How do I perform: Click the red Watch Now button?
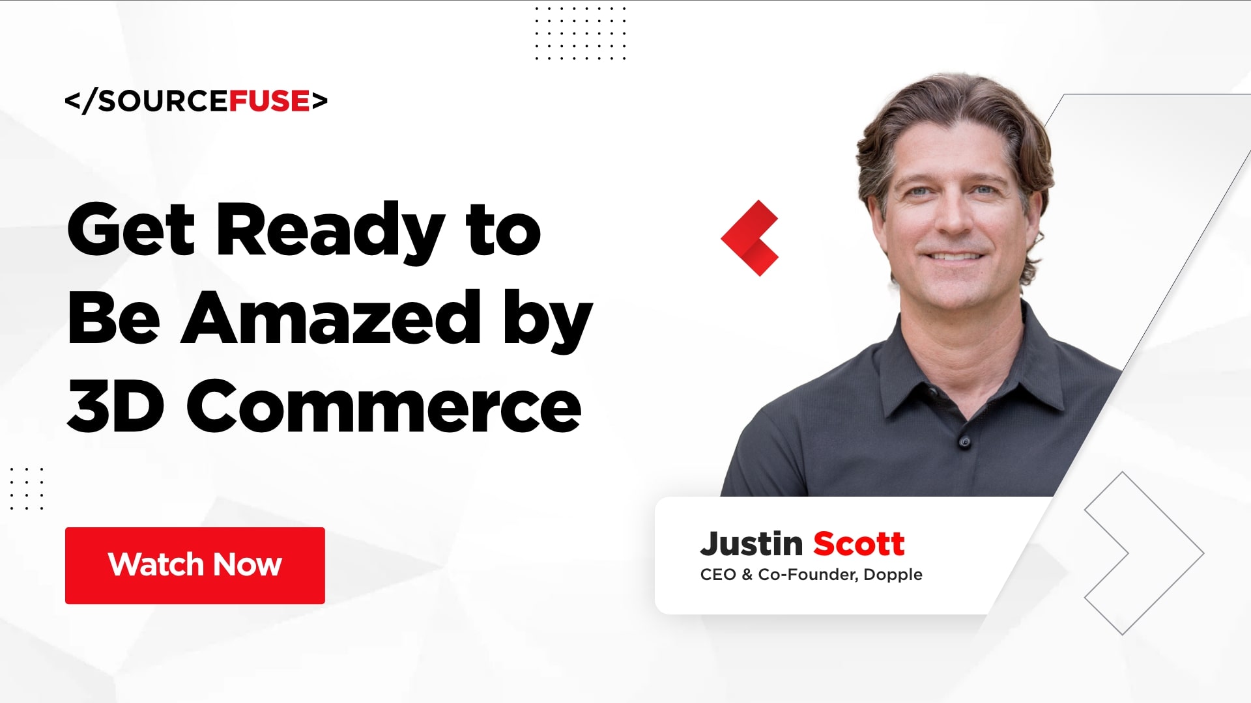click(195, 565)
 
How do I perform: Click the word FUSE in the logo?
click(269, 101)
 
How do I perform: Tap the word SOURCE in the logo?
click(163, 101)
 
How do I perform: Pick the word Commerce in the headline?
click(384, 407)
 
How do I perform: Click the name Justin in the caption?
click(751, 544)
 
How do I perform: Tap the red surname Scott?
click(859, 544)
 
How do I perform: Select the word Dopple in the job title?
click(893, 575)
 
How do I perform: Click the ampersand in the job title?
click(747, 575)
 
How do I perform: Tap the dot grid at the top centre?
click(580, 33)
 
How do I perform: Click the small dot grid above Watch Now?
click(27, 488)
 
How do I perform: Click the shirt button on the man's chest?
click(965, 443)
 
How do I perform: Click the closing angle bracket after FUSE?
click(319, 101)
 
